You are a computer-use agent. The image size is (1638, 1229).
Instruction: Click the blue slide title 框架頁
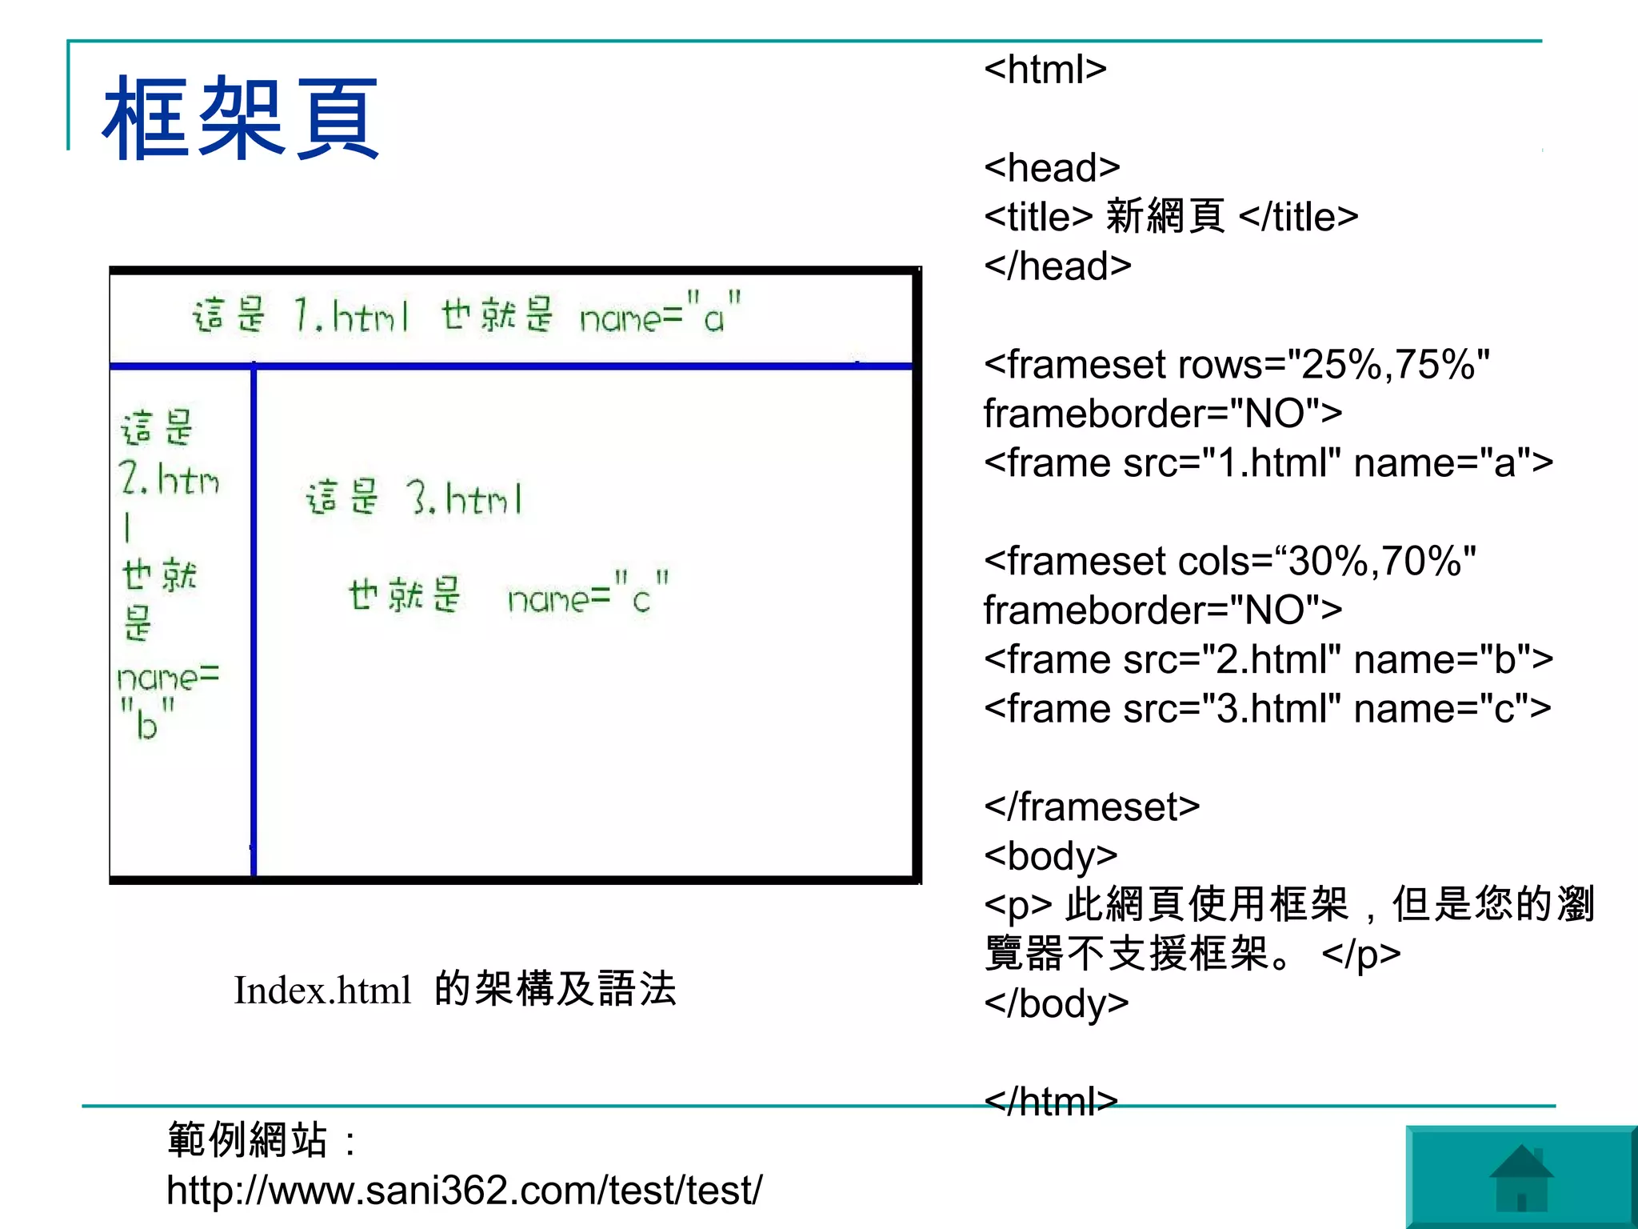point(240,118)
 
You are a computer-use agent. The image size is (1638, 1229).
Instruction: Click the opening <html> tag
point(1045,70)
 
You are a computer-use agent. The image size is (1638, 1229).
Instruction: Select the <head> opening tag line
point(1051,168)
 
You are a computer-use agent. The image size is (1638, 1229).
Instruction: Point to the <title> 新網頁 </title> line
point(1170,217)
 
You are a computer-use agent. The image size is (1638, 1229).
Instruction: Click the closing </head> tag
point(1057,266)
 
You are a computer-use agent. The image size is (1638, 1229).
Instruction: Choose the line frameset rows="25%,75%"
point(1236,365)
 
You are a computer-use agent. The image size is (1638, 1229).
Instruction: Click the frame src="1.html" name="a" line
point(1268,463)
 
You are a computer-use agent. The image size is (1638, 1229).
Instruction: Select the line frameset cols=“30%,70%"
point(1230,561)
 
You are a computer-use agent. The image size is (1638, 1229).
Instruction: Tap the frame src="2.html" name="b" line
point(1268,660)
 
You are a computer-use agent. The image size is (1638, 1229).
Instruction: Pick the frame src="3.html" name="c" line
point(1267,709)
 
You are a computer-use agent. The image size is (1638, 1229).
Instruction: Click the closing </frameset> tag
point(1092,807)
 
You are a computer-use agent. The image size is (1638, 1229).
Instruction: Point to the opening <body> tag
point(1050,856)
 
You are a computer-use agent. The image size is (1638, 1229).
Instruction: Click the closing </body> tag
point(1056,1003)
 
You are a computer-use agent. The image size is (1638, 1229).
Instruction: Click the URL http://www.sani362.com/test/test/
point(464,1191)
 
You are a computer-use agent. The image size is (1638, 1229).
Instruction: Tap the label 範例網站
point(248,1140)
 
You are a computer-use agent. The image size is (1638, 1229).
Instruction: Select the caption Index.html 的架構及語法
point(454,990)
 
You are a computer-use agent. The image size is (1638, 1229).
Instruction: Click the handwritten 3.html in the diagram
point(464,498)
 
